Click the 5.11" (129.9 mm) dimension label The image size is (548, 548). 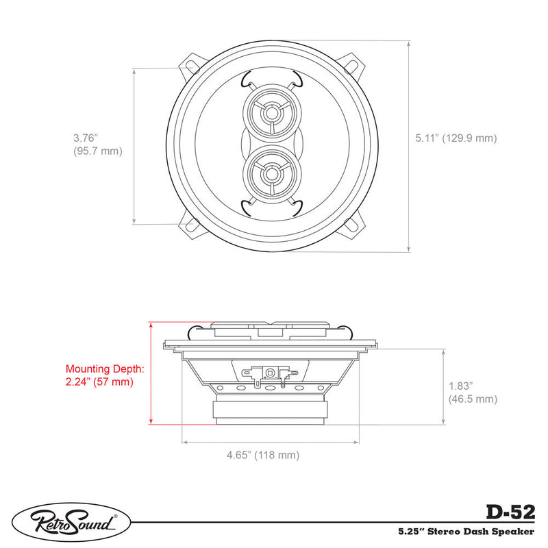click(456, 138)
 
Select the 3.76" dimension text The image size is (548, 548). click(85, 138)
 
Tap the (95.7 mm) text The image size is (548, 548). click(98, 151)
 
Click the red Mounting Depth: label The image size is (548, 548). click(105, 369)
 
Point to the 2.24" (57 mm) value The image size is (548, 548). click(99, 382)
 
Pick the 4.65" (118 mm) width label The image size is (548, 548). click(263, 455)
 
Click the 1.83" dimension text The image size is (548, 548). click(460, 386)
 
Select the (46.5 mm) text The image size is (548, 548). click(473, 399)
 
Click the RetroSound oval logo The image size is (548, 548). click(71, 523)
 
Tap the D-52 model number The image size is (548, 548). click(510, 512)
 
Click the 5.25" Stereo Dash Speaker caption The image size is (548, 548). click(466, 532)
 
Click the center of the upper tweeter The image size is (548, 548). click(271, 113)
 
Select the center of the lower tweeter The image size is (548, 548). click(271, 174)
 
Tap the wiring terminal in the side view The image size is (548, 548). click(270, 375)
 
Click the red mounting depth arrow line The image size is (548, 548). click(151, 373)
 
